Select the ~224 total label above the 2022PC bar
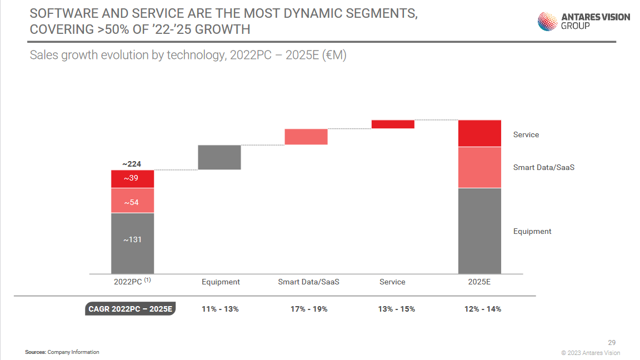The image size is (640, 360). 132,164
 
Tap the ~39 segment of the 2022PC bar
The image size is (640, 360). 132,179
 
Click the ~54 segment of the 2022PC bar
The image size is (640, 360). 132,201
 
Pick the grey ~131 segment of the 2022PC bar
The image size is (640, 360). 132,243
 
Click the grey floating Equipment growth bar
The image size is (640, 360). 219,157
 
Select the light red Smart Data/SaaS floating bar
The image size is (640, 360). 306,137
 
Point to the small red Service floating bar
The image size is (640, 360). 393,124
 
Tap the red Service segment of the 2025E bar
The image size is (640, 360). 479,133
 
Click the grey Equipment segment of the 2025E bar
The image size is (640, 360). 479,231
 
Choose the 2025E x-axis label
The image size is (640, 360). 479,282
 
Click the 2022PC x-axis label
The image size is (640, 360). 129,282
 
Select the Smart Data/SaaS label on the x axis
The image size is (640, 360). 308,282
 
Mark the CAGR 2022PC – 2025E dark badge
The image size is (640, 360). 131,309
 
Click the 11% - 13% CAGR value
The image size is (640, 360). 220,309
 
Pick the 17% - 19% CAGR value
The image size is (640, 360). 309,309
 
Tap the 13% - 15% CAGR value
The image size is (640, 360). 396,309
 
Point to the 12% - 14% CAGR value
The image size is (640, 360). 483,309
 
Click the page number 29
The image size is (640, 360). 612,343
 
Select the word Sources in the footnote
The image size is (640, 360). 35,352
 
